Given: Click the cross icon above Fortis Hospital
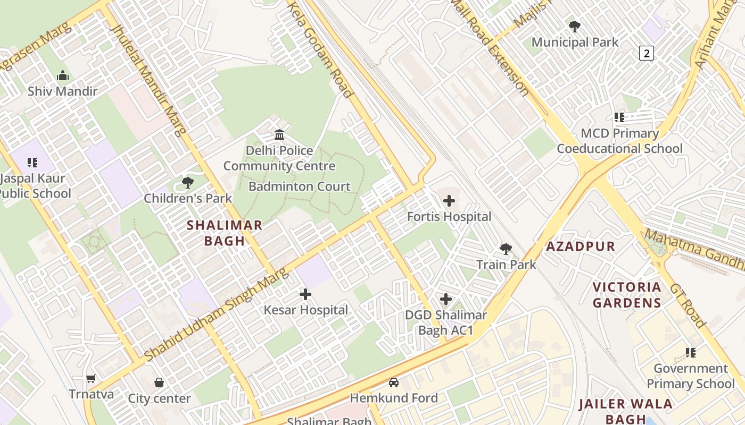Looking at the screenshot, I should tap(449, 201).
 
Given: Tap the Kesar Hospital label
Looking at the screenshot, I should tap(305, 310).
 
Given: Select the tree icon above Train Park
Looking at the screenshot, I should tap(506, 249).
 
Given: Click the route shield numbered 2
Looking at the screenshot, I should tap(646, 53).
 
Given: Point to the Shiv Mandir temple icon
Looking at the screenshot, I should tap(63, 76).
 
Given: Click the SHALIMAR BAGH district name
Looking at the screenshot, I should tap(225, 233).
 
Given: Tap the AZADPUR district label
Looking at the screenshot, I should tap(581, 246).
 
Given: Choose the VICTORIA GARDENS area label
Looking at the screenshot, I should tap(627, 295).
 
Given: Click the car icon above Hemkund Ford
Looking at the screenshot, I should tap(394, 382).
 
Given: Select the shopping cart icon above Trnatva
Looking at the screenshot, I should tap(91, 379).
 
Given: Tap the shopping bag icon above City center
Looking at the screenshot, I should tap(159, 382).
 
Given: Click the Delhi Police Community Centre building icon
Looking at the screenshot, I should tap(279, 134).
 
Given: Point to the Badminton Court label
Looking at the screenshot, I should tap(300, 186).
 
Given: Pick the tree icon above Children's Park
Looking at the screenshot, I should tap(187, 183).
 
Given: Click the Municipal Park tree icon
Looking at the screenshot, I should tap(575, 26).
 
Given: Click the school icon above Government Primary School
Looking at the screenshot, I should tap(691, 352).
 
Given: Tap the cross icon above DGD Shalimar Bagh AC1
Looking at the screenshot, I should tap(446, 299).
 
